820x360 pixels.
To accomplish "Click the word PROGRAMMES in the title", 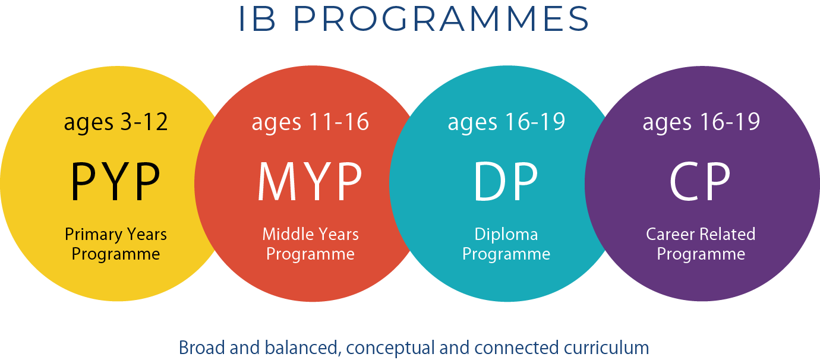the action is tap(441, 18).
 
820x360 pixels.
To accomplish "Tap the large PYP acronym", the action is tap(115, 182).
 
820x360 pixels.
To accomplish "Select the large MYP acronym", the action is tap(310, 182).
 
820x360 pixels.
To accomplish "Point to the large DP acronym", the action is tap(506, 182).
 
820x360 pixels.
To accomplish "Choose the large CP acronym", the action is tap(700, 182).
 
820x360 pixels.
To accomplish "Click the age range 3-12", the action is tap(144, 122).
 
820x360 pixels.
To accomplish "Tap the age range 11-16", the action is tap(339, 122).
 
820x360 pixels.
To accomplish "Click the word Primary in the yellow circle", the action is tap(94, 235).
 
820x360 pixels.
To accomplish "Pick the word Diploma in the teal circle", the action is tap(506, 235).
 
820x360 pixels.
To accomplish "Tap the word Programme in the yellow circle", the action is tap(116, 254).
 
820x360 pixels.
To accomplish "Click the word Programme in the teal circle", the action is tap(506, 254).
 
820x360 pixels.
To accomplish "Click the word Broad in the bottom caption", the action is tap(201, 348).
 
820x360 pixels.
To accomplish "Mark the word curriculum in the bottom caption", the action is tap(607, 348).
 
